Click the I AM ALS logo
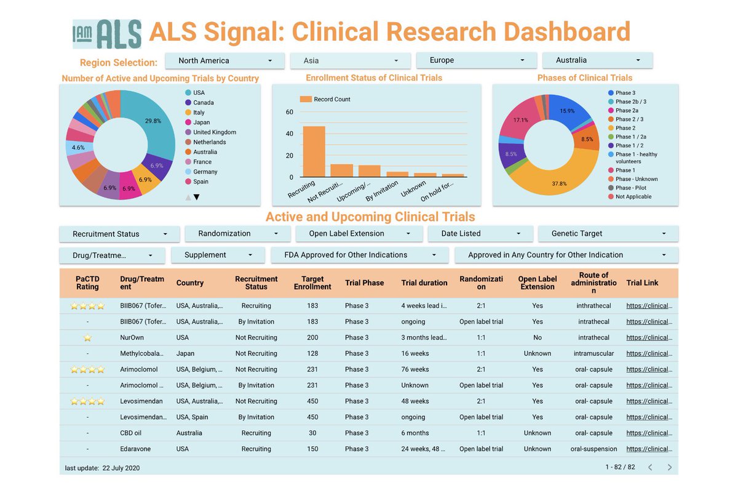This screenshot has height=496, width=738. [x=107, y=33]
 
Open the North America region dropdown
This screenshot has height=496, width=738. [x=225, y=60]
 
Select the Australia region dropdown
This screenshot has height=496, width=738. [x=597, y=60]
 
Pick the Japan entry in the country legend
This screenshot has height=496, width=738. [x=201, y=122]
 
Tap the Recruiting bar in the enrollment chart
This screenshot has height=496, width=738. [x=314, y=151]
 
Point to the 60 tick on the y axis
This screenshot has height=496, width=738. [x=290, y=112]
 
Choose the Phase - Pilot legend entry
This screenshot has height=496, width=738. [x=630, y=188]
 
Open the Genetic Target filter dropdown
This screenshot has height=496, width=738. [x=608, y=234]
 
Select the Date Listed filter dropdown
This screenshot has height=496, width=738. [x=480, y=234]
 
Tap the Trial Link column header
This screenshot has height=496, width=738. [x=642, y=283]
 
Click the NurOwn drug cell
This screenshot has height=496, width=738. [x=133, y=338]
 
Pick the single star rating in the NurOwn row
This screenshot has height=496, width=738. [x=87, y=338]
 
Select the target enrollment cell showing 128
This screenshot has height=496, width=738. [x=312, y=354]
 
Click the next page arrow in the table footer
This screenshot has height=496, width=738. [x=669, y=468]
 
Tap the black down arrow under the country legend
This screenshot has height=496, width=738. [x=197, y=197]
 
